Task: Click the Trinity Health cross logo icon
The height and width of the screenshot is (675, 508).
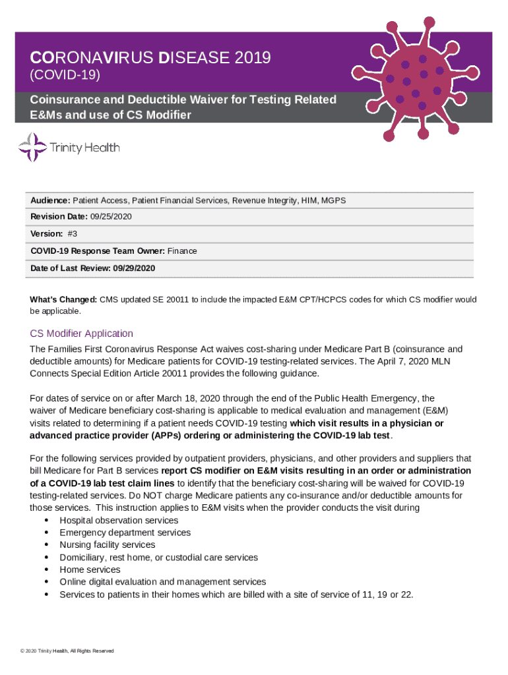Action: click(32, 147)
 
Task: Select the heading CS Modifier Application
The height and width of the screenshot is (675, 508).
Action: click(82, 334)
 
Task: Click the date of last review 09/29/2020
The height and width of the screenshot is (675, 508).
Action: click(134, 268)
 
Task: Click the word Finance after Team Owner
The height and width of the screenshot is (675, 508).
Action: click(182, 251)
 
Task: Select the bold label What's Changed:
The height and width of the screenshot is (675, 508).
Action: click(64, 299)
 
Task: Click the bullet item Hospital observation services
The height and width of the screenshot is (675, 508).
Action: click(119, 520)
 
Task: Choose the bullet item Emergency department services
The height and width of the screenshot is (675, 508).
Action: click(125, 533)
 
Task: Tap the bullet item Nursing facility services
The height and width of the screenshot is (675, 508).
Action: click(108, 545)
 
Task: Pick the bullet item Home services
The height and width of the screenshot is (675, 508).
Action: click(90, 570)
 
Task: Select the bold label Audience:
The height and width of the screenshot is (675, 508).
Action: click(50, 200)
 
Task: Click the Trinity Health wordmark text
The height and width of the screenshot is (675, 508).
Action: click(85, 148)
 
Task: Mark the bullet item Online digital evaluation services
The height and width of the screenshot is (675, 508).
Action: click(163, 582)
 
